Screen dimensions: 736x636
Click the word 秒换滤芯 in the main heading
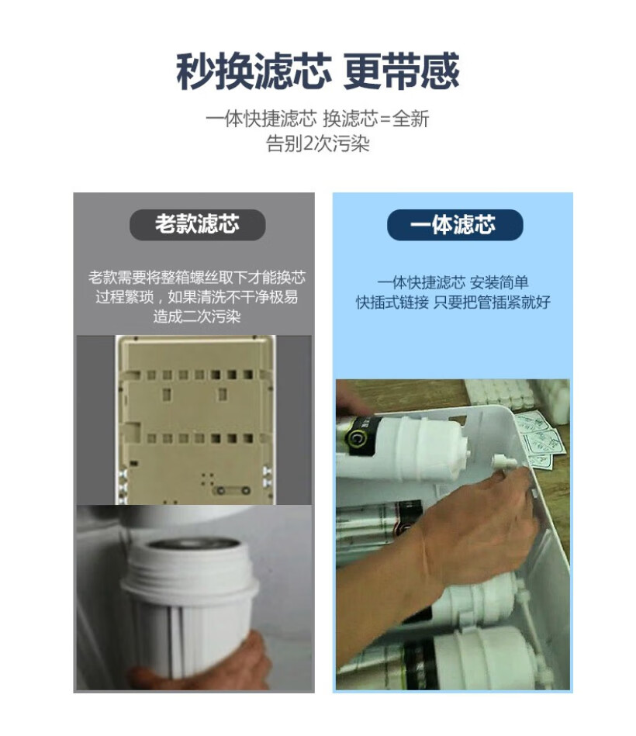[x=254, y=72]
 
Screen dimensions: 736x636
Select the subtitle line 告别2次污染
[x=318, y=144]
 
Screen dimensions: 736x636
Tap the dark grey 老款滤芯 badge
[x=197, y=225]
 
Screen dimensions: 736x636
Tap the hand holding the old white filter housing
[x=209, y=667]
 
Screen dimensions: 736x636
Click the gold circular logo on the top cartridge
[x=359, y=437]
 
